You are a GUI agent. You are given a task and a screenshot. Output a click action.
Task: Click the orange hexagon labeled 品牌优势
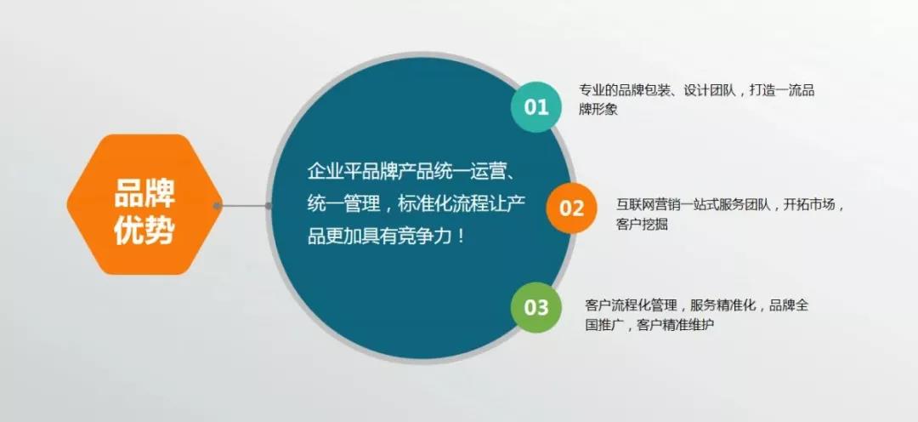144,204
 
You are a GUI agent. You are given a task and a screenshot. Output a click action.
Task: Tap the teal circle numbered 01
535,107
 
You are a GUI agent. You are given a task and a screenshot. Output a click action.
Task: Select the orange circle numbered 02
571,208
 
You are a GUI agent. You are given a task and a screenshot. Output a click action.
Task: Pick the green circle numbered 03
535,307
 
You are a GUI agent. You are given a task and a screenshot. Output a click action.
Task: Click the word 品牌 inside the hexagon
144,192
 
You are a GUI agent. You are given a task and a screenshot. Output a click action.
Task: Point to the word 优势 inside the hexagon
144,230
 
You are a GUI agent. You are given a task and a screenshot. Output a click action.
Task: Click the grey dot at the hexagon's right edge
218,206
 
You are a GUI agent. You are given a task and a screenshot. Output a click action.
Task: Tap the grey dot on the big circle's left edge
268,206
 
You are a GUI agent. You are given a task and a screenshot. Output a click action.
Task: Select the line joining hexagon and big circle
243,206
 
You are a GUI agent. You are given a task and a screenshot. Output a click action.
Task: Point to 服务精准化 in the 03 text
723,305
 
